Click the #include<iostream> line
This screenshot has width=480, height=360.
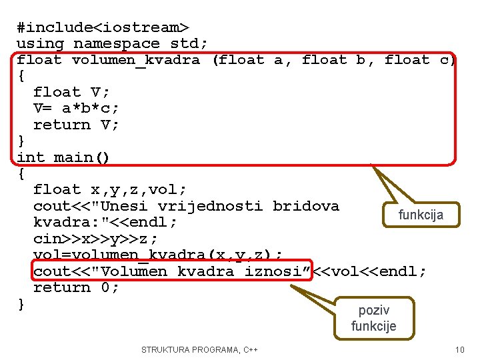[103, 27]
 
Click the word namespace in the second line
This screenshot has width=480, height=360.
[117, 44]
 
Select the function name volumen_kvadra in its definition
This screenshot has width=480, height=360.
[136, 60]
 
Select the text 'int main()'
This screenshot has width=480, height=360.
[63, 157]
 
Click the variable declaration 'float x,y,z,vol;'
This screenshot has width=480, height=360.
[110, 190]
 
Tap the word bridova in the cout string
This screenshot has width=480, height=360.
[305, 206]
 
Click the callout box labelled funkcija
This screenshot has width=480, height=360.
[421, 215]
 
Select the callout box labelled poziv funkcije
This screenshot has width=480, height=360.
[374, 318]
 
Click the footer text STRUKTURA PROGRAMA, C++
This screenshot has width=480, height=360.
[200, 350]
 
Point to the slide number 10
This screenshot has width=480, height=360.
[459, 350]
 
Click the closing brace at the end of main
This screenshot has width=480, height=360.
[21, 304]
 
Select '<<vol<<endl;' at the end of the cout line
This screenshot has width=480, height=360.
[369, 271]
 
